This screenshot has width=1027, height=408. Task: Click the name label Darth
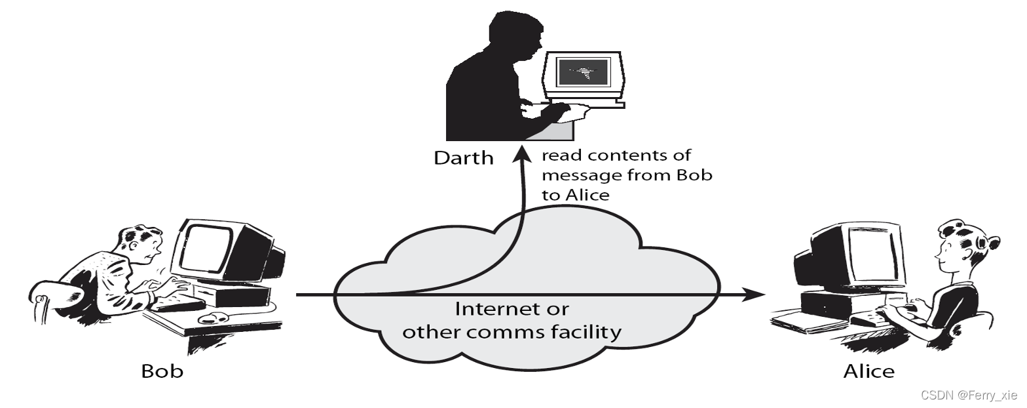click(x=464, y=158)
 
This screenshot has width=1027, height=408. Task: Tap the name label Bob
click(x=162, y=371)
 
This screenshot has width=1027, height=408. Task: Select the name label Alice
click(x=868, y=371)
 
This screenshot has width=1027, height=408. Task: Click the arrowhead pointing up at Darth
click(x=522, y=153)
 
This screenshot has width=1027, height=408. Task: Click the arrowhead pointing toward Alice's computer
click(x=754, y=294)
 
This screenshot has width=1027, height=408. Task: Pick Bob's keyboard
click(x=179, y=304)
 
